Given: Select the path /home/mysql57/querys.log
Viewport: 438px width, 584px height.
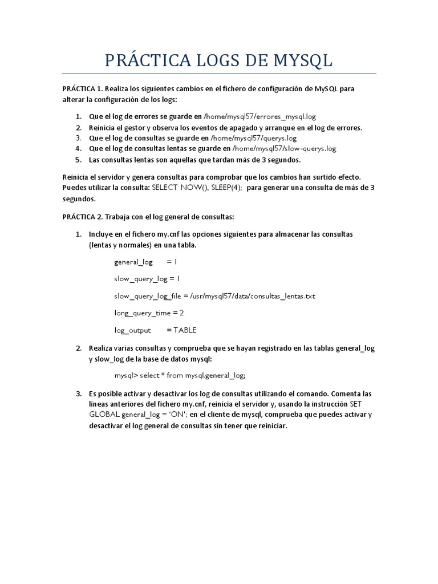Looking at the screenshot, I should point(253,138).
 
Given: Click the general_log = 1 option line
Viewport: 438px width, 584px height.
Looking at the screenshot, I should point(146,262).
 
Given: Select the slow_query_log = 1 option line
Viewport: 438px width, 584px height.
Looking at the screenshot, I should point(147,279).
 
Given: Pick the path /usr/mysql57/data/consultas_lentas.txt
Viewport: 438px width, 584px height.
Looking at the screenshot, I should point(249,296).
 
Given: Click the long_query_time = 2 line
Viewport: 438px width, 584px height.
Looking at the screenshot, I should point(149,313).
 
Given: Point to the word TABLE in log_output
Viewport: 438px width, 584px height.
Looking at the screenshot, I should point(185,330).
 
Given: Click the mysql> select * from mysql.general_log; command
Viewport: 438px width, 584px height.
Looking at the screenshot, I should point(180,375).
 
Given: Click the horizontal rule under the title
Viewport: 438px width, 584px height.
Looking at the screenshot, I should point(219,74).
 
